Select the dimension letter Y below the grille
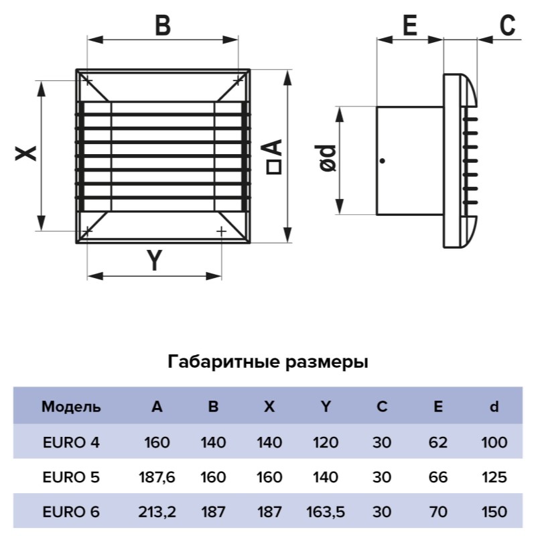[x=155, y=260]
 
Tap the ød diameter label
[x=328, y=158]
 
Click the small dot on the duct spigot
[x=383, y=161]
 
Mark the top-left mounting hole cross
[x=88, y=81]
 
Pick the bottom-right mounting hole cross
[x=222, y=231]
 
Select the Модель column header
[x=71, y=407]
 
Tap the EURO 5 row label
[x=71, y=477]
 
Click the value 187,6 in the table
[x=157, y=478]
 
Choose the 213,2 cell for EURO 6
[x=157, y=512]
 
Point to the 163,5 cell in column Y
[x=326, y=512]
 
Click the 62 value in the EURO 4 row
[x=438, y=443]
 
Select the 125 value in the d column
[x=494, y=477]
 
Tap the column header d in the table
[x=494, y=407]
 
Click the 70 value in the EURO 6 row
[x=438, y=512]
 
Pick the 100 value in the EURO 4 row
[x=494, y=443]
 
